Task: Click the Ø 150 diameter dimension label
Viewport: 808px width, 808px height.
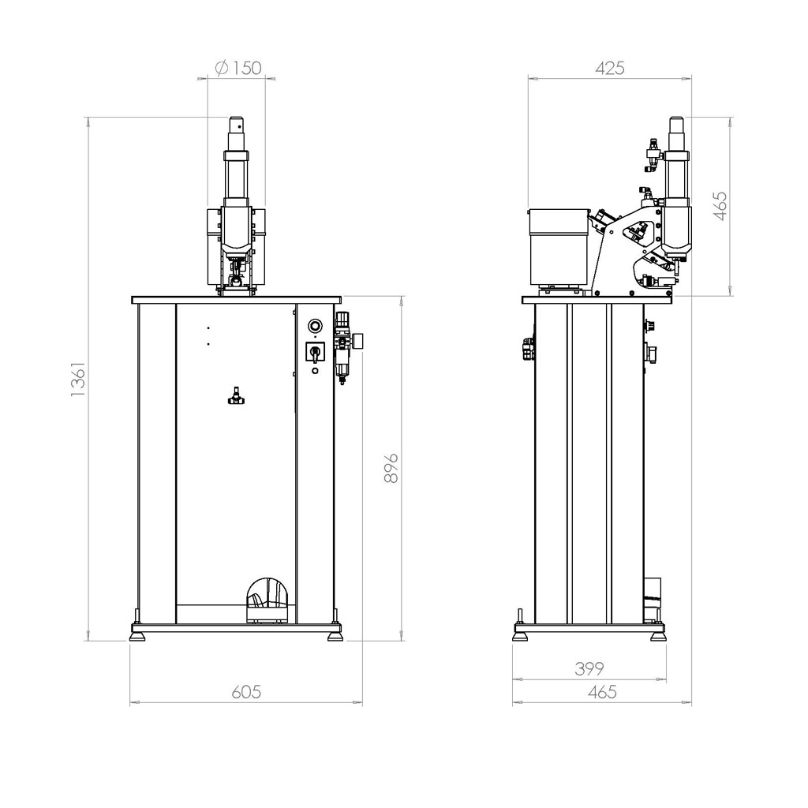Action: [238, 68]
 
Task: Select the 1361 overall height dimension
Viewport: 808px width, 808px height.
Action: [78, 379]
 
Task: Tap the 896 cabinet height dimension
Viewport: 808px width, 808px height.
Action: [391, 468]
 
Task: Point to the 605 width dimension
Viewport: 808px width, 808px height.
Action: [246, 691]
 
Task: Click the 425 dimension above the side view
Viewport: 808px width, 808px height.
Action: [610, 68]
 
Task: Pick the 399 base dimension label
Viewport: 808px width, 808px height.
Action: [589, 669]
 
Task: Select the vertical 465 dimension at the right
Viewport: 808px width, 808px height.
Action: [720, 206]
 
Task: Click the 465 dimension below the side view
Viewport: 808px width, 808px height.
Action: [602, 691]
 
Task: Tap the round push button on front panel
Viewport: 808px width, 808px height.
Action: [315, 326]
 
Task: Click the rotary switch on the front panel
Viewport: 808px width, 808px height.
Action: [314, 353]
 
